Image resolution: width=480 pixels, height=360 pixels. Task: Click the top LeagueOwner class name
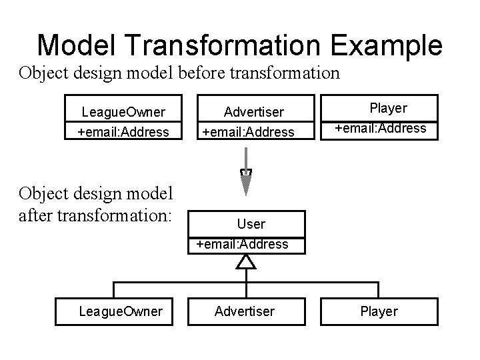[123, 111]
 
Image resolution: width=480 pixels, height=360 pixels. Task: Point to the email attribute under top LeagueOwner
[123, 131]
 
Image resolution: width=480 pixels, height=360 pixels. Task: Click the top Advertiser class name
[254, 111]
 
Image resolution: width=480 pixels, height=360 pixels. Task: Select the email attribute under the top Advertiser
[248, 131]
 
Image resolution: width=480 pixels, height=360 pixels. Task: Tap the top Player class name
[389, 107]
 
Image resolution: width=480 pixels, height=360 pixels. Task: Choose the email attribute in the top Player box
[381, 127]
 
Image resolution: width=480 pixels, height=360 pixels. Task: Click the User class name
[251, 224]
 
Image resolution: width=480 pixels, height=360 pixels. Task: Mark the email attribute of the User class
[243, 244]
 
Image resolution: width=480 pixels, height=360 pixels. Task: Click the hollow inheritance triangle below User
[247, 261]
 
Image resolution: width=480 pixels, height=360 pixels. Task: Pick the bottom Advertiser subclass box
[244, 311]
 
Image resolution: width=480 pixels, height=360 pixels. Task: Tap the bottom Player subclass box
[379, 311]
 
